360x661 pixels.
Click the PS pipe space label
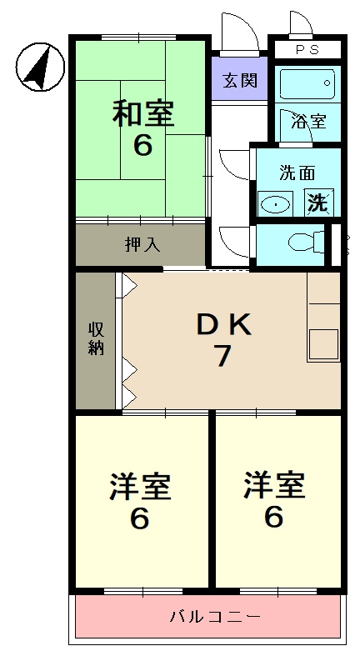coord(307,48)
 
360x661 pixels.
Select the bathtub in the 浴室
coord(306,84)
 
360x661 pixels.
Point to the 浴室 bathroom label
coord(308,122)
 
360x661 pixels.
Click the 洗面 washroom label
coord(297,173)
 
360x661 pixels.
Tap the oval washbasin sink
coord(274,203)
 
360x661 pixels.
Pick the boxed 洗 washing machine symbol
coord(317,202)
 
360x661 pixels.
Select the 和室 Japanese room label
coord(142,113)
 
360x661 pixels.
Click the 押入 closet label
coord(141,245)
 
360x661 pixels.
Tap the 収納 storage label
coord(96,338)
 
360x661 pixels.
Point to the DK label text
coord(222,326)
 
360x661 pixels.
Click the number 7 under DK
coord(222,357)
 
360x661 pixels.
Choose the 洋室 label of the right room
coord(273,485)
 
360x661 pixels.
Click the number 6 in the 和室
coord(142,146)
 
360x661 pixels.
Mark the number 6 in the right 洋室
coord(273,518)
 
